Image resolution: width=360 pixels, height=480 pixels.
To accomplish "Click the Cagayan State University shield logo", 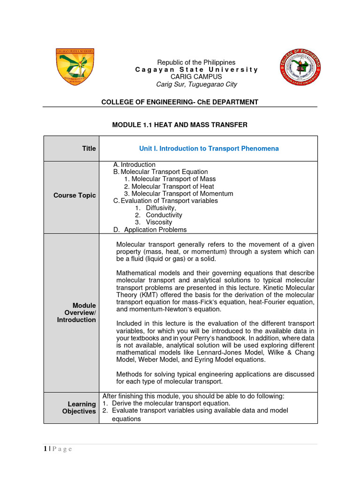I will (75, 67).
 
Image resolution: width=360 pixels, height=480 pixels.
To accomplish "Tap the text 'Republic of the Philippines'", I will (196, 62).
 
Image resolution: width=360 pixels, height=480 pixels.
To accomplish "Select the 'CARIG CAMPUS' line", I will (196, 76).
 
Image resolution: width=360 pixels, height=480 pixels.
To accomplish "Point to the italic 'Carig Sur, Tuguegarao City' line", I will (196, 84).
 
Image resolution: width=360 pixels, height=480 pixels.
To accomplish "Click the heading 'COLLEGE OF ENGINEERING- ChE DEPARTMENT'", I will (180, 102).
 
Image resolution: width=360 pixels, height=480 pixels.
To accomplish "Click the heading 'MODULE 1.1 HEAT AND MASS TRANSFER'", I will (180, 125).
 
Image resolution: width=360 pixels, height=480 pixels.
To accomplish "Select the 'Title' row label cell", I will (89, 149).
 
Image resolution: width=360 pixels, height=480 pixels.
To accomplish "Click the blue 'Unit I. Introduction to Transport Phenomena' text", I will (209, 149).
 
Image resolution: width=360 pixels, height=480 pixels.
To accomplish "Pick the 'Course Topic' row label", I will (75, 195).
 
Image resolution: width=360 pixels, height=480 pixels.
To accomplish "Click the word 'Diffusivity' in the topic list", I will (161, 208).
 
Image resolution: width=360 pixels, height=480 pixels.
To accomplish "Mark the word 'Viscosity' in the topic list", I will (159, 222).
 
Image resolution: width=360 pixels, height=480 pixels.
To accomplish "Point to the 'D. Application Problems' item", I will (150, 230).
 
